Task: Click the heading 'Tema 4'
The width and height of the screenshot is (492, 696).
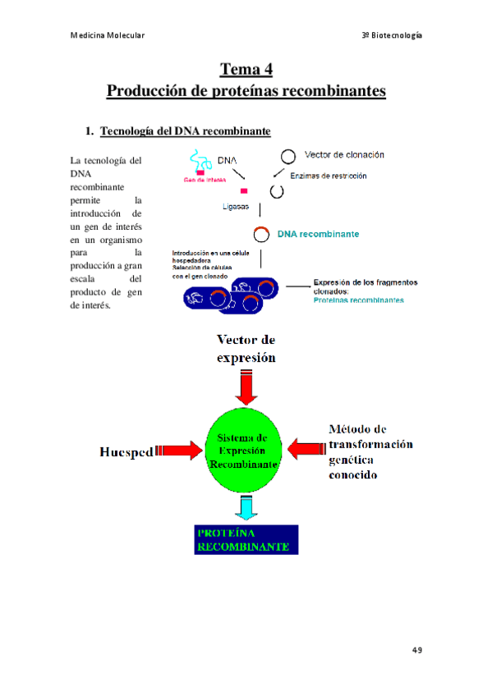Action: point(246,69)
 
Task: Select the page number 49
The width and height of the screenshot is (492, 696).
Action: point(416,649)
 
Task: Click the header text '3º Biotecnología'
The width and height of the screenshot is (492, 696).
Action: point(392,35)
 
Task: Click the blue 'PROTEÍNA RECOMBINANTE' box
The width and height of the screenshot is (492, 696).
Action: point(246,539)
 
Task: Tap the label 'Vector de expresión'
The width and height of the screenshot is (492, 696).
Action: point(246,348)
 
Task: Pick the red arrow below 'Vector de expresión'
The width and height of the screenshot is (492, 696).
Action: point(245,385)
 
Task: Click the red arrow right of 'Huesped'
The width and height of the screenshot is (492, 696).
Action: point(179,450)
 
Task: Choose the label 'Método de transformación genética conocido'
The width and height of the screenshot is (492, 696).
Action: point(370,451)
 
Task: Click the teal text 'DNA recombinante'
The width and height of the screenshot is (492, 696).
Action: point(318,234)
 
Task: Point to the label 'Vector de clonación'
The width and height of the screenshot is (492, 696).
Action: point(343,154)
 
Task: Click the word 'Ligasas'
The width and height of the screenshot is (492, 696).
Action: point(236,207)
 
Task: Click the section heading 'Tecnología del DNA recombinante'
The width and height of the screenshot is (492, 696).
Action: point(185,131)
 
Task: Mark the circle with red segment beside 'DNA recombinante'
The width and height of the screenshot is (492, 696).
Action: point(261,235)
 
